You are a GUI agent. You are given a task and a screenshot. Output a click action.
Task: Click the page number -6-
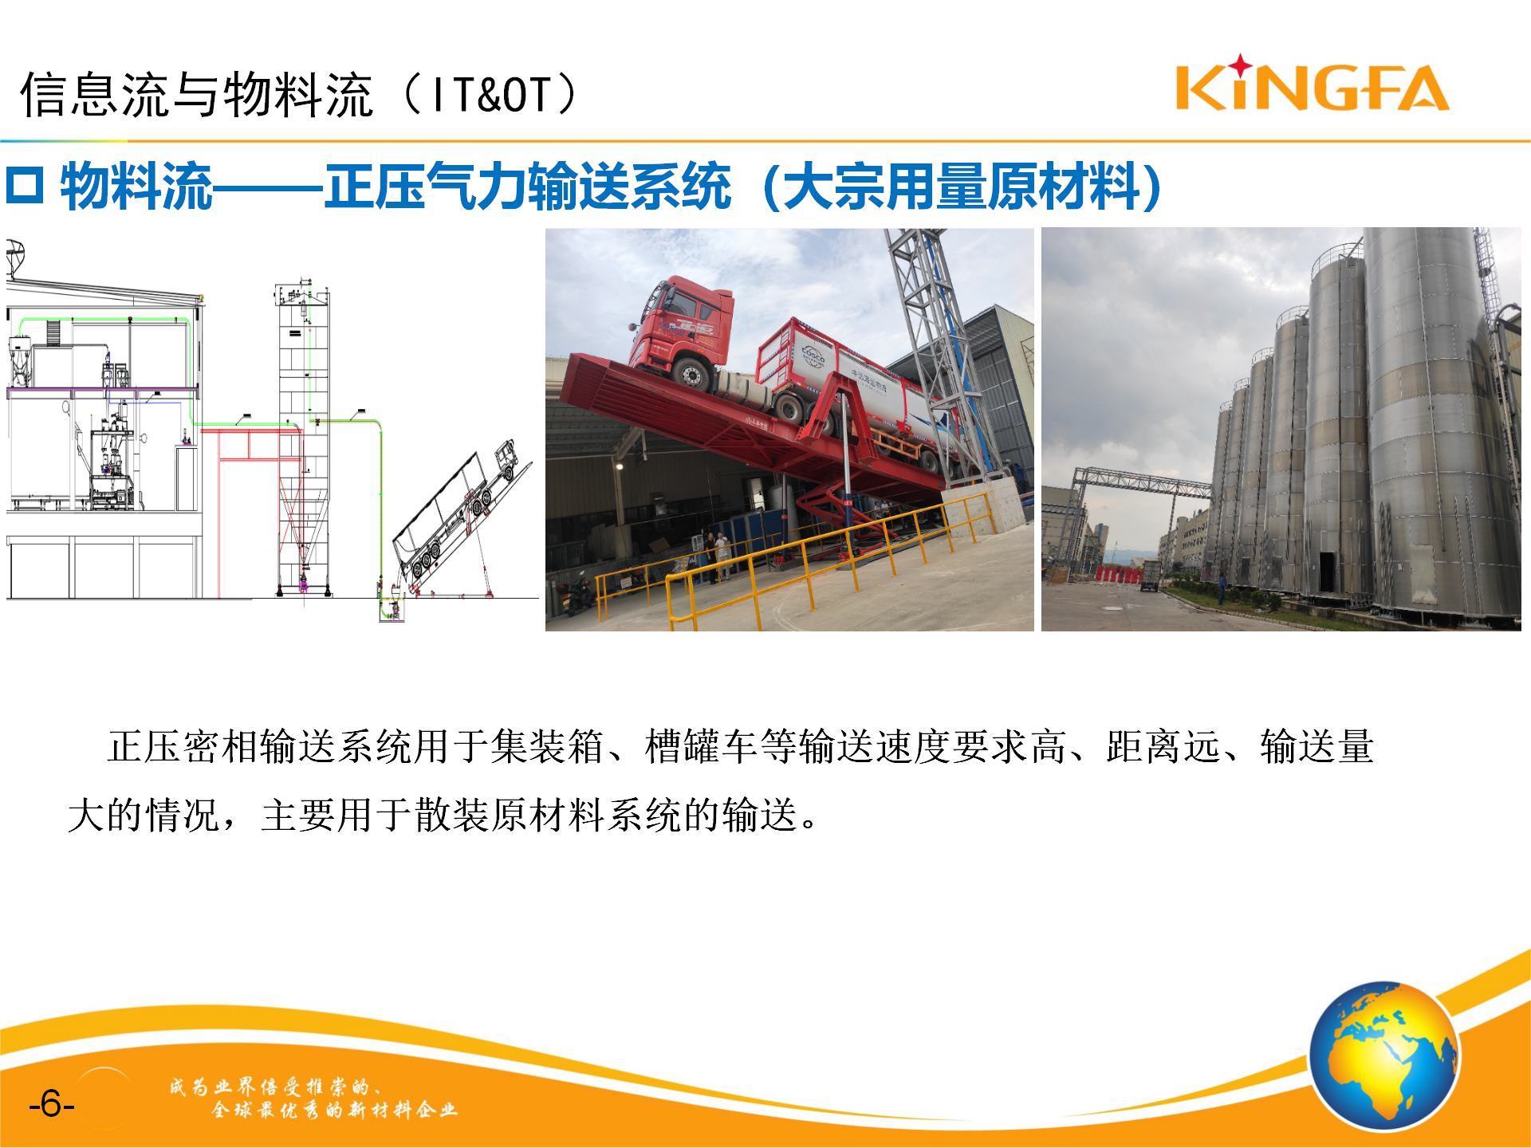pos(51,1104)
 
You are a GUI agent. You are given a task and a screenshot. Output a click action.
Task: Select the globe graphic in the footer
pos(1384,1056)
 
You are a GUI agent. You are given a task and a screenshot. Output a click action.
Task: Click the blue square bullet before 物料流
pos(24,186)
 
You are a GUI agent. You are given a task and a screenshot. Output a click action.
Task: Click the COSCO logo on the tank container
pos(813,354)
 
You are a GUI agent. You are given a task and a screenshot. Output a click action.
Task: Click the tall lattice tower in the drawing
pos(304,438)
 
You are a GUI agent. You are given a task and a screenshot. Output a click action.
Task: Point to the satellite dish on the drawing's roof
pos(15,258)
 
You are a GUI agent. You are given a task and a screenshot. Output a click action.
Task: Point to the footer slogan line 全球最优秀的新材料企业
pos(335,1109)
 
